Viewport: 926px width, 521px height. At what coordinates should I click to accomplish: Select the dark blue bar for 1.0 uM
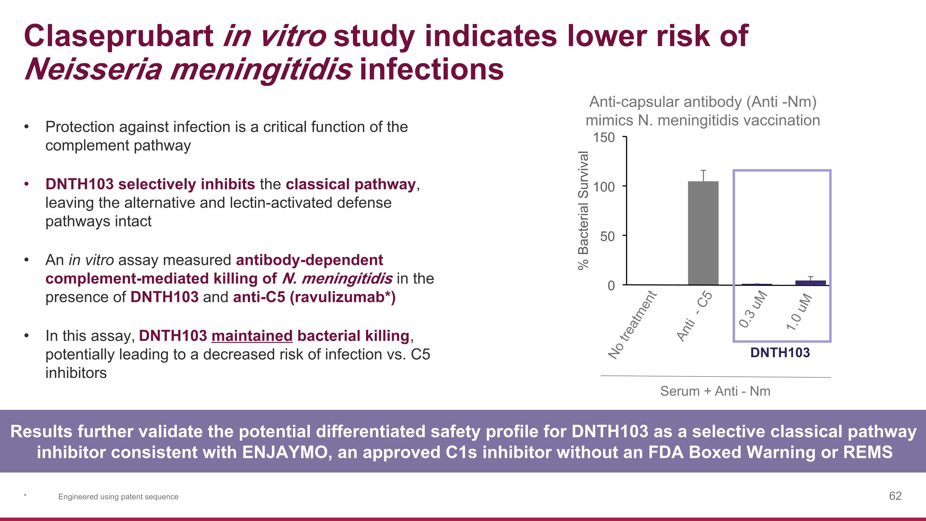(810, 283)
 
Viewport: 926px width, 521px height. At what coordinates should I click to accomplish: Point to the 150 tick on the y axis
(604, 138)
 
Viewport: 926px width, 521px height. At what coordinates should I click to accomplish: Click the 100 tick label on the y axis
(604, 187)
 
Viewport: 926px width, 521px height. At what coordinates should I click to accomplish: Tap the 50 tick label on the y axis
(607, 237)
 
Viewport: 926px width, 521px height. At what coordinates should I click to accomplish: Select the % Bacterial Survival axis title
(583, 210)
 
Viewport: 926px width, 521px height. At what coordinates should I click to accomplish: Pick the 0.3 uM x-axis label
(753, 309)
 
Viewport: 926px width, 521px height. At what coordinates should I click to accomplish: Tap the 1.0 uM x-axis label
(799, 312)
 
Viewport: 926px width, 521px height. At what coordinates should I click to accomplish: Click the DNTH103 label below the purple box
(780, 353)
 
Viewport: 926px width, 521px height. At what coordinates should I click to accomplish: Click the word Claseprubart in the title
(119, 36)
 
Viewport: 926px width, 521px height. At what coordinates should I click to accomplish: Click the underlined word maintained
(252, 336)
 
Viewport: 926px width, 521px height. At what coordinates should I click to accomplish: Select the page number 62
(895, 496)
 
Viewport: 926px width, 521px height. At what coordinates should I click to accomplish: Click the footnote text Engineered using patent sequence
(118, 497)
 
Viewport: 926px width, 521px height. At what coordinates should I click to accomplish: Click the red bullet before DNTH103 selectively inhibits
(26, 184)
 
